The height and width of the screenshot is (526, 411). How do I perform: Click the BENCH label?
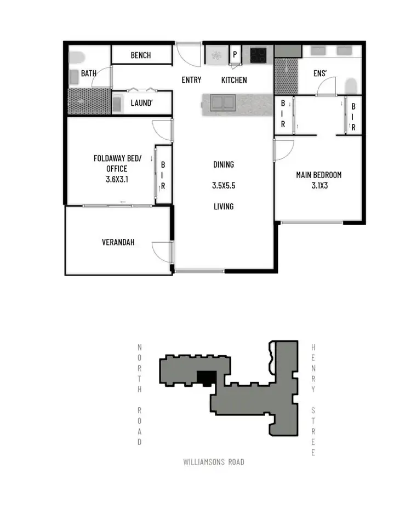pos(141,55)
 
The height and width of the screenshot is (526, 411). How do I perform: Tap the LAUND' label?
pos(141,102)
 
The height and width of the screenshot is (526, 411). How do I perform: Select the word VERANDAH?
pos(118,242)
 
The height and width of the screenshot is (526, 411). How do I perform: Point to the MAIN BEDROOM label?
pos(318,175)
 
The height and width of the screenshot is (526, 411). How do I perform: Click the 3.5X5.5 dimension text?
pos(223,186)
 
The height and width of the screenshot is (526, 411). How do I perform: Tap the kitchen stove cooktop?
pos(258,55)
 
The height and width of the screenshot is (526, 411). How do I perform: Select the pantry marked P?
pos(235,55)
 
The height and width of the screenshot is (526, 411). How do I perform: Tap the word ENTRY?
pos(191,80)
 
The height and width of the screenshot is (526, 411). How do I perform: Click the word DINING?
pos(224,164)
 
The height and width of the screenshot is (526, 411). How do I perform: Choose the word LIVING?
pos(224,207)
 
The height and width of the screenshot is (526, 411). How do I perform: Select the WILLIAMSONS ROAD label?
pos(214,462)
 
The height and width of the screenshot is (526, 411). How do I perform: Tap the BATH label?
pos(88,73)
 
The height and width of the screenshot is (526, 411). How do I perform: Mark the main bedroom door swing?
pos(283,149)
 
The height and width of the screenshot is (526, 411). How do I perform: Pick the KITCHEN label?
pos(234,80)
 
